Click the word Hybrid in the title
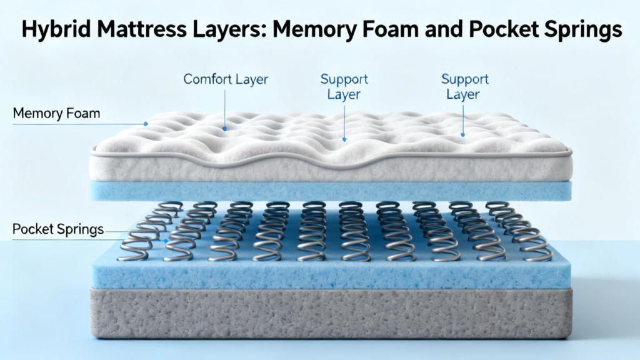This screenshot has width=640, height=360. tap(51, 30)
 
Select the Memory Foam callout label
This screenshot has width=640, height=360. tap(56, 114)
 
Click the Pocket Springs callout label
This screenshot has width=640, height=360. tap(58, 229)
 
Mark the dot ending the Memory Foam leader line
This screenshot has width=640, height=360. tap(146, 124)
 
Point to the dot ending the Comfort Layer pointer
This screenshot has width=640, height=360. tap(225, 128)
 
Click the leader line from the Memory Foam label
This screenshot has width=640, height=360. tap(81, 124)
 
